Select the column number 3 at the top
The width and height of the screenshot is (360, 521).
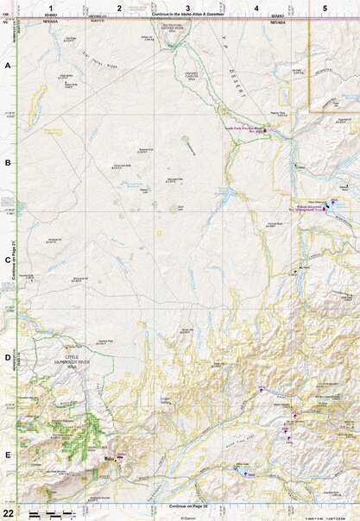187,8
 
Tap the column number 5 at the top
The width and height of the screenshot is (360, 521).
325,8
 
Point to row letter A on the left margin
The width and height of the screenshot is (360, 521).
8,66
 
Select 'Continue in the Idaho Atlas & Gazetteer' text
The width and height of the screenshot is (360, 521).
188,16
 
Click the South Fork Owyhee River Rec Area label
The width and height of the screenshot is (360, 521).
243,130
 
